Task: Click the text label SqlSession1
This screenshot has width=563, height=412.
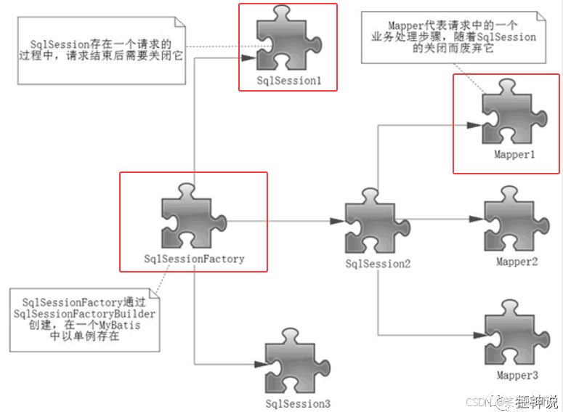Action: click(289, 81)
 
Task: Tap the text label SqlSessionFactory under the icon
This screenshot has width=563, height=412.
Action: click(195, 259)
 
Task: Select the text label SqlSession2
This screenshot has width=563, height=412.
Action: click(378, 264)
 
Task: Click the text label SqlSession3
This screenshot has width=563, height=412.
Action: click(298, 403)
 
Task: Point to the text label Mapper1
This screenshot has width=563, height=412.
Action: click(515, 155)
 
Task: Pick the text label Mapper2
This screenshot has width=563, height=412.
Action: click(517, 262)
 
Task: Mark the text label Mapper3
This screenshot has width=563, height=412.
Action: click(517, 376)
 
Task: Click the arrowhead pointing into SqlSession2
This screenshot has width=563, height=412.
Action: click(339, 221)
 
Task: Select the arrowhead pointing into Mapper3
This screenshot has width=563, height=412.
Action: click(478, 335)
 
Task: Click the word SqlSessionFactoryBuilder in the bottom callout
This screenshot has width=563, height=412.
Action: click(85, 312)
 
